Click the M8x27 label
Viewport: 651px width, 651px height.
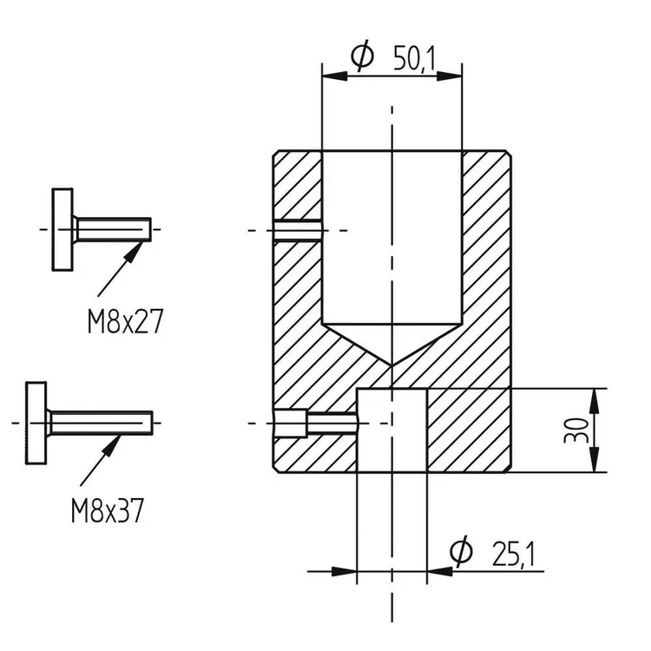125,321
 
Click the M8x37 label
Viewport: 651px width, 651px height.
107,510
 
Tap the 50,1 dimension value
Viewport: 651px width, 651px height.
413,58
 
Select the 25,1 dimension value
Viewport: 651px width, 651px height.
513,555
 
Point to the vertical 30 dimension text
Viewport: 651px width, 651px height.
576,431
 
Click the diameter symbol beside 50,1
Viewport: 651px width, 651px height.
362,56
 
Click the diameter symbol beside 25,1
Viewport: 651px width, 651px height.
461,551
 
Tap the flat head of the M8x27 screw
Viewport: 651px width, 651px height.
62,230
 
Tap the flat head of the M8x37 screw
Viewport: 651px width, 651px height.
36,423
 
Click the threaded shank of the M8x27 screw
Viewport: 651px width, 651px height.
113,229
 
